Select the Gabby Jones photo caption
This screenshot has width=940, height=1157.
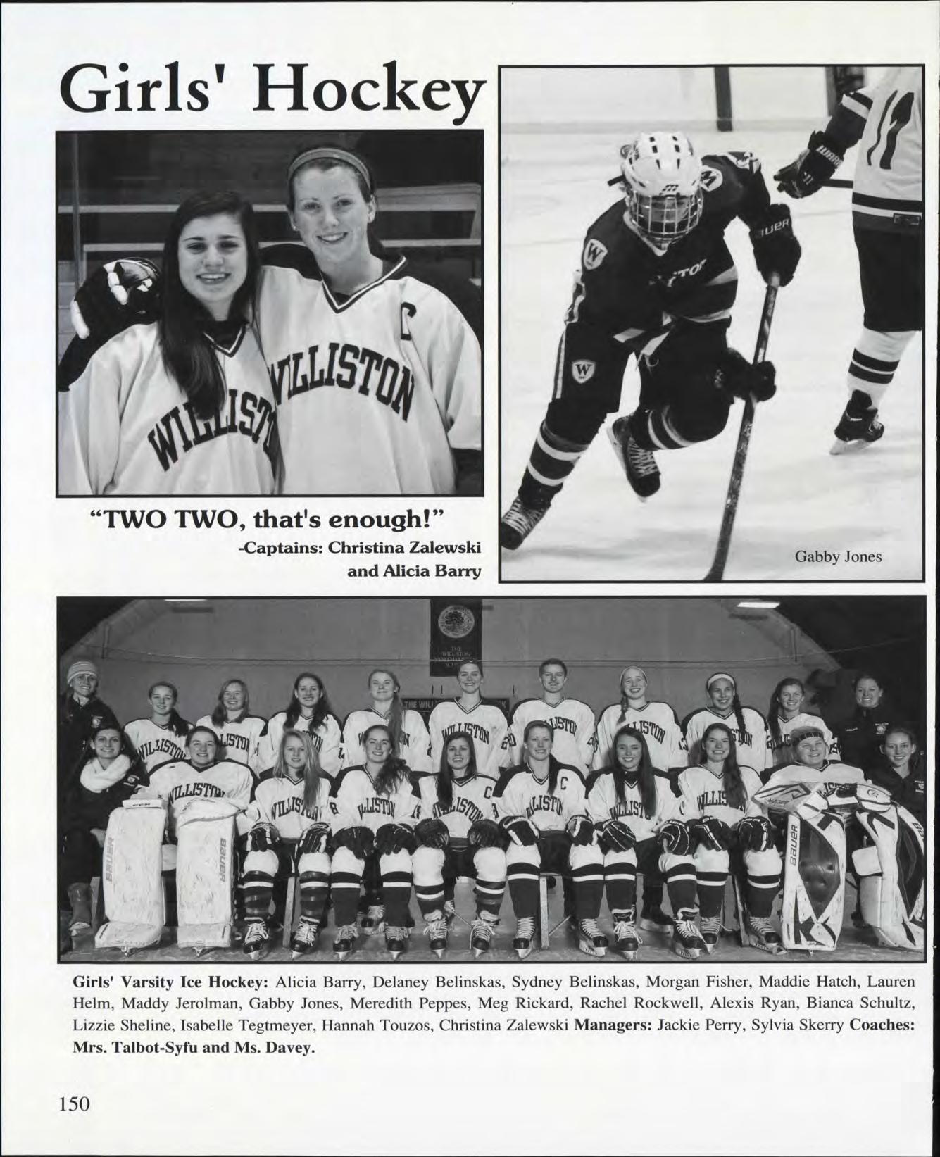pos(838,556)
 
